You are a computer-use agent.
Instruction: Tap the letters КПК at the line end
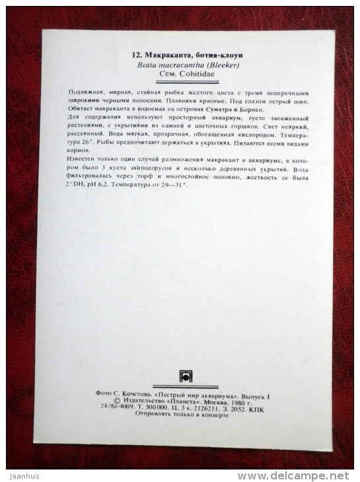point(268,407)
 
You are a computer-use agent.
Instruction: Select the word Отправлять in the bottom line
point(153,414)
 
